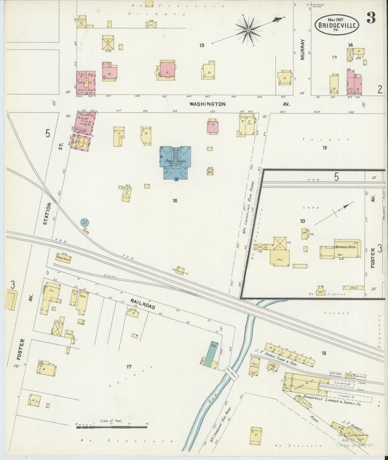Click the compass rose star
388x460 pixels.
248,30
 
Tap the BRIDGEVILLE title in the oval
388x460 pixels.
337,25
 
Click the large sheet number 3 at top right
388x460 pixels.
371,17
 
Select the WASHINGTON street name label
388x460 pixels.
207,104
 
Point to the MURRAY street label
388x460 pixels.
302,49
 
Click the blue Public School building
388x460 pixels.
175,162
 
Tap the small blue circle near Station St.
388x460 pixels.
85,221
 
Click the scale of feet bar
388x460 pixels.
111,427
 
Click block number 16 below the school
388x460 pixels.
175,199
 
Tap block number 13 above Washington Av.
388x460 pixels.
201,45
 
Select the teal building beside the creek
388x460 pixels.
210,354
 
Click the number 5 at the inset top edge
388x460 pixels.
336,176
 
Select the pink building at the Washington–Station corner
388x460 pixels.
84,123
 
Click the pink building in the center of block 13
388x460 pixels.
167,70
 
